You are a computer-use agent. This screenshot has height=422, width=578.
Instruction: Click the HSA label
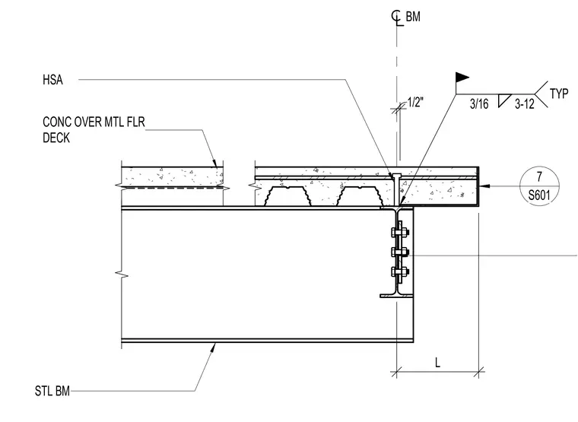tap(52, 80)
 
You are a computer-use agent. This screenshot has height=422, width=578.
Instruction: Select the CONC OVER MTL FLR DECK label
tap(94, 130)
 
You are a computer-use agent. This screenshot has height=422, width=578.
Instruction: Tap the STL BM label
tap(52, 391)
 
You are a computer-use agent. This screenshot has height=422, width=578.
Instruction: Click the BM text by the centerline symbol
tap(413, 17)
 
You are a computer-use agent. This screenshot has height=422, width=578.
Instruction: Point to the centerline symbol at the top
tap(397, 18)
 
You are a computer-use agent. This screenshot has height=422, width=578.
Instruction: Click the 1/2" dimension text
tap(415, 102)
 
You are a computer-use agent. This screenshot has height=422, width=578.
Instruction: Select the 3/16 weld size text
tap(479, 104)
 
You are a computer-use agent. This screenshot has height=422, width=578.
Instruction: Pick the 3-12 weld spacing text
tap(524, 104)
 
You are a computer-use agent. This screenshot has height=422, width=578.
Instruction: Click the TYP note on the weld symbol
tap(559, 94)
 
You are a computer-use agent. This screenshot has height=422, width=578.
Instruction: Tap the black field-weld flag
tap(462, 78)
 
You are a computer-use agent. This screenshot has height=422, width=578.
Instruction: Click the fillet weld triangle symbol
tap(503, 100)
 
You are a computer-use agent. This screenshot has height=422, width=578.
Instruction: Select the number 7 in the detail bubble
tap(539, 177)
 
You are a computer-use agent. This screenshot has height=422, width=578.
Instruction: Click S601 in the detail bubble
tap(539, 195)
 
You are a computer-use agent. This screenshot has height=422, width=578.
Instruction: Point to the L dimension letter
tap(437, 363)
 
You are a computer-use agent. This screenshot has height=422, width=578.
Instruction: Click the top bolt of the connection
tap(399, 232)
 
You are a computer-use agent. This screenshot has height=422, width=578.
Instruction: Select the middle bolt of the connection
tap(399, 252)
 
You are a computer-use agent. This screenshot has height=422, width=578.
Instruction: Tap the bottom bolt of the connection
tap(399, 272)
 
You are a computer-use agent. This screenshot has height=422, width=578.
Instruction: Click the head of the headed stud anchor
tap(397, 175)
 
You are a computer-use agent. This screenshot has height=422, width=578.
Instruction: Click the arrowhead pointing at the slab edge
tap(485, 186)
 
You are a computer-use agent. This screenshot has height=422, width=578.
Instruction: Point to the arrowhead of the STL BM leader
tap(212, 347)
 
